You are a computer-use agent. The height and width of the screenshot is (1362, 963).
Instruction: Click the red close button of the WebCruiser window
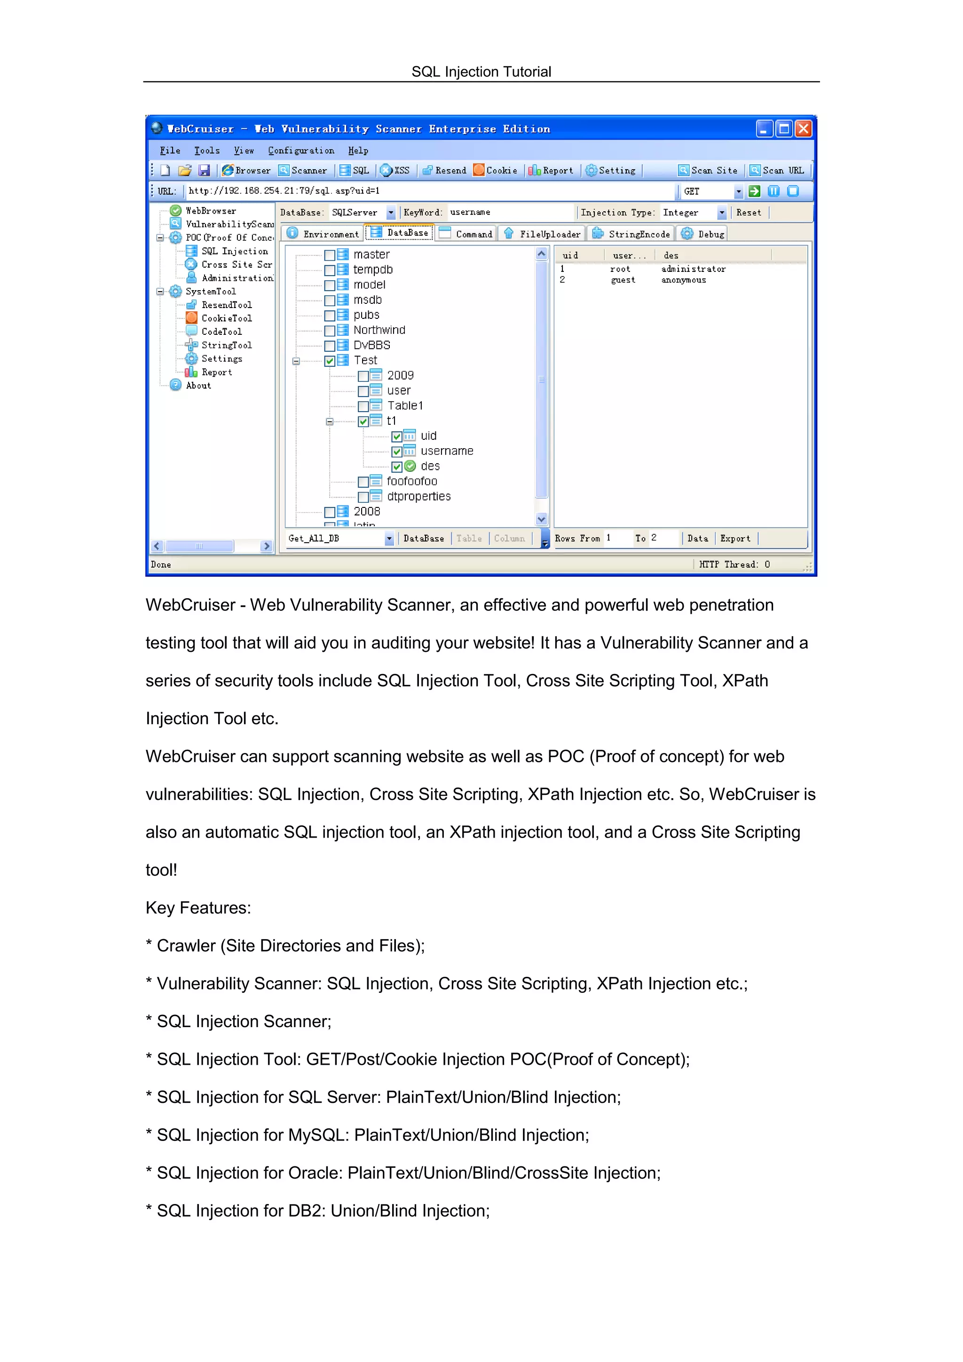pyautogui.click(x=803, y=129)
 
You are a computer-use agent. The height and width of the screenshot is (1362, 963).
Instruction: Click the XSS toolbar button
pyautogui.click(x=395, y=170)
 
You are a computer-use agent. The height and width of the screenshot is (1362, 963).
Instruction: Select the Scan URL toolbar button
pyautogui.click(x=777, y=170)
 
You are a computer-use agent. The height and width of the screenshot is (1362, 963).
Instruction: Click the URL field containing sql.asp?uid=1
pyautogui.click(x=427, y=191)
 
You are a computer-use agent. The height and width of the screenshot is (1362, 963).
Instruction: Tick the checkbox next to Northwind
pyautogui.click(x=330, y=331)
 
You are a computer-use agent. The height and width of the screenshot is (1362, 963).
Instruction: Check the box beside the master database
pyautogui.click(x=330, y=255)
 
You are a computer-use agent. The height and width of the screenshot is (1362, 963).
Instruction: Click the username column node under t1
pyautogui.click(x=447, y=451)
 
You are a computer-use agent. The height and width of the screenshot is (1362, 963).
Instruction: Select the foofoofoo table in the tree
pyautogui.click(x=411, y=481)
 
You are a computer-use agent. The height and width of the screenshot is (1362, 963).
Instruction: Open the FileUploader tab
pyautogui.click(x=543, y=234)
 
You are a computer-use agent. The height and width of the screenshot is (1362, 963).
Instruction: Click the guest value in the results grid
pyautogui.click(x=623, y=280)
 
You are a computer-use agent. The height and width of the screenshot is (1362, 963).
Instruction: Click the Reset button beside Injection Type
pyautogui.click(x=748, y=213)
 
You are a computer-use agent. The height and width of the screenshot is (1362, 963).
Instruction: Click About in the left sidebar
pyautogui.click(x=198, y=386)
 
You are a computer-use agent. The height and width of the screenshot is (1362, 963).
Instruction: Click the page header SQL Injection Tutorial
pyautogui.click(x=481, y=72)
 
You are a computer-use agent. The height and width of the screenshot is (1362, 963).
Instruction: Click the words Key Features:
pyautogui.click(x=198, y=908)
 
